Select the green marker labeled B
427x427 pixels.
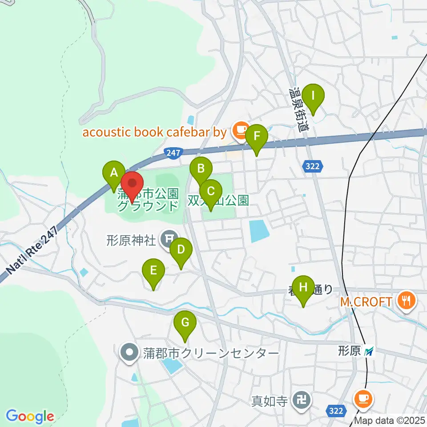click(x=201, y=169)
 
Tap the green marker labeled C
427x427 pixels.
click(x=210, y=191)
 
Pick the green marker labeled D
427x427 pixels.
click(x=181, y=249)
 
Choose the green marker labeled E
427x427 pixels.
click(x=153, y=270)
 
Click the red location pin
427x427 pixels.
click(x=132, y=183)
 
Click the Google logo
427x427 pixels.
click(x=30, y=417)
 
